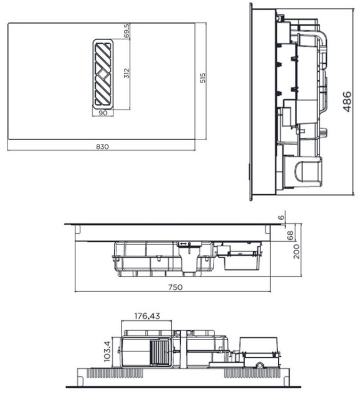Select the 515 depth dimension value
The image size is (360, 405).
click(202, 79)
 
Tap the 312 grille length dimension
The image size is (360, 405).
click(127, 74)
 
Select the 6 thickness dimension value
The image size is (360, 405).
click(281, 217)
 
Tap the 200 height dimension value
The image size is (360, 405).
click(297, 251)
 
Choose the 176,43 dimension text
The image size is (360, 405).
click(147, 316)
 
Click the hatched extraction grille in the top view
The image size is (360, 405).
click(103, 74)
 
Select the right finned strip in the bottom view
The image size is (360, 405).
click(252, 373)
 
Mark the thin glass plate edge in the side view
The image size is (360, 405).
click(251, 100)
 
